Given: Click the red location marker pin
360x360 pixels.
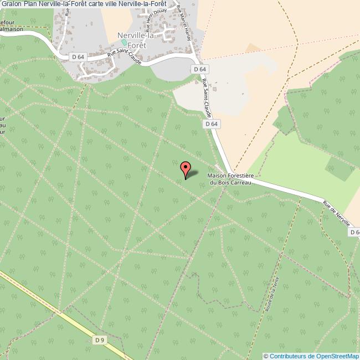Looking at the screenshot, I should click(186, 169).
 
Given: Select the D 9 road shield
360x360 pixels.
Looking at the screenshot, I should click(100, 340).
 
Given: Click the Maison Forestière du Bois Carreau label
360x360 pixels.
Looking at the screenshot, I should click(229, 179).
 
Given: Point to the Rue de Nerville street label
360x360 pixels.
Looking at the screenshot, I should click(336, 213).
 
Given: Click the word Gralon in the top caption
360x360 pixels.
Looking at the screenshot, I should click(11, 4).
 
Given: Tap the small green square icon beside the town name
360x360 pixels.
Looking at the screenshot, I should click(124, 42).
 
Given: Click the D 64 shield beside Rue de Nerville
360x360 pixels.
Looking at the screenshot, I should click(354, 233).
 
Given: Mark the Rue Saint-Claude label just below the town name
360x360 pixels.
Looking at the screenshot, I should click(126, 59).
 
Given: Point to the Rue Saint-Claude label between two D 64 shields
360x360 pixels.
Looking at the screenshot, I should click(206, 95).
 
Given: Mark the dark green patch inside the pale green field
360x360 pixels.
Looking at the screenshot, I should click(338, 168).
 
